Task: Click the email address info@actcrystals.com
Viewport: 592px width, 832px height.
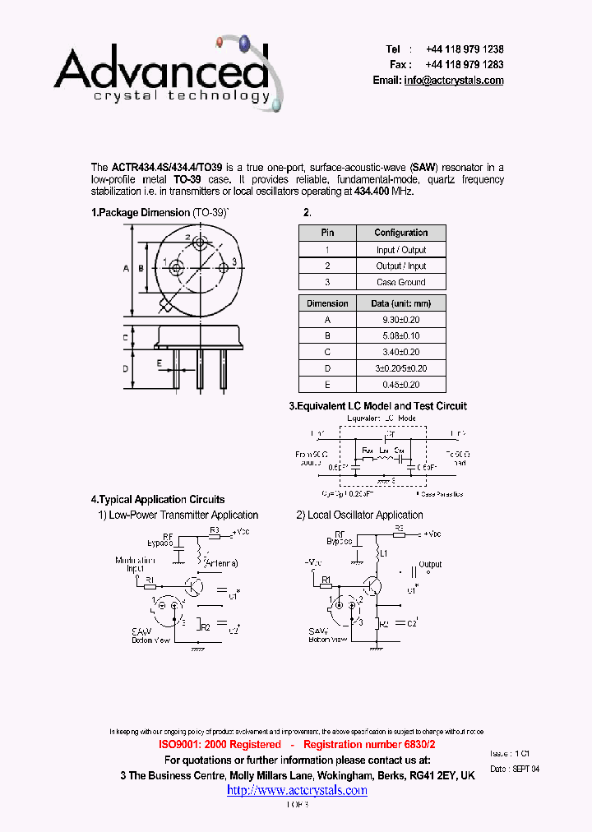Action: point(453,81)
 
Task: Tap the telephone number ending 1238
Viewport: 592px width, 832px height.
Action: point(465,49)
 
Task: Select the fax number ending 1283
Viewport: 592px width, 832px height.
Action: point(465,65)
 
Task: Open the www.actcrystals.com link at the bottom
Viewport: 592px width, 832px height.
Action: point(297,790)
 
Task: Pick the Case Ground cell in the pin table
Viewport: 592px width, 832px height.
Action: point(400,282)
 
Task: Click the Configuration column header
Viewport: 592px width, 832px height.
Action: point(400,233)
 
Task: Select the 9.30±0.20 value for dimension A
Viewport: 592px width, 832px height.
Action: point(400,320)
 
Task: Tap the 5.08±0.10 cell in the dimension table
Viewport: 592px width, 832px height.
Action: point(400,336)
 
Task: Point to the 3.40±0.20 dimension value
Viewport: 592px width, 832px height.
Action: point(400,352)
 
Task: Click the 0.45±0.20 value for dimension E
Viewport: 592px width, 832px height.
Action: point(400,384)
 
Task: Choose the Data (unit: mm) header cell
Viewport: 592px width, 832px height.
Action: point(400,303)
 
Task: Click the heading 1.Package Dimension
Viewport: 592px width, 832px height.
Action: point(141,213)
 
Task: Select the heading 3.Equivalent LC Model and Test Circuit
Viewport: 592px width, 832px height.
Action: point(377,406)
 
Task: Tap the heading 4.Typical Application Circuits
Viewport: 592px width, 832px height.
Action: point(158,499)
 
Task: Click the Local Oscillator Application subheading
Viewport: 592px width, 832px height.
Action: point(359,515)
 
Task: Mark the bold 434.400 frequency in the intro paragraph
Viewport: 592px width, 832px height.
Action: point(372,192)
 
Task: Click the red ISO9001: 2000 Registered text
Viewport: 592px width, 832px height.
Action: point(220,744)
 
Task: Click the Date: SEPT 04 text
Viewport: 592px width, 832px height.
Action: point(515,769)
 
